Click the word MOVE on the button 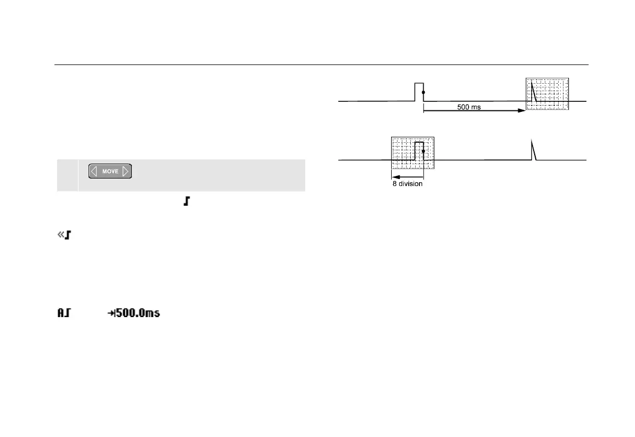pos(110,172)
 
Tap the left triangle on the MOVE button pos(94,172)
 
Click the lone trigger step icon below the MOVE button pos(186,204)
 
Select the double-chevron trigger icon pos(65,234)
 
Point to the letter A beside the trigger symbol pos(61,313)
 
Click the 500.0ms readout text pos(138,313)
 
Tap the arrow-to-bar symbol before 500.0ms pos(111,314)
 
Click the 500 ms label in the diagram pos(469,107)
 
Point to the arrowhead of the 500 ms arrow pos(522,111)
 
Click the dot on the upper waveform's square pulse pos(423,93)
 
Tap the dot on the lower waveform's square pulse pos(423,151)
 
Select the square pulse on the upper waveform pos(419,91)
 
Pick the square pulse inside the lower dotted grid pos(419,150)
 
